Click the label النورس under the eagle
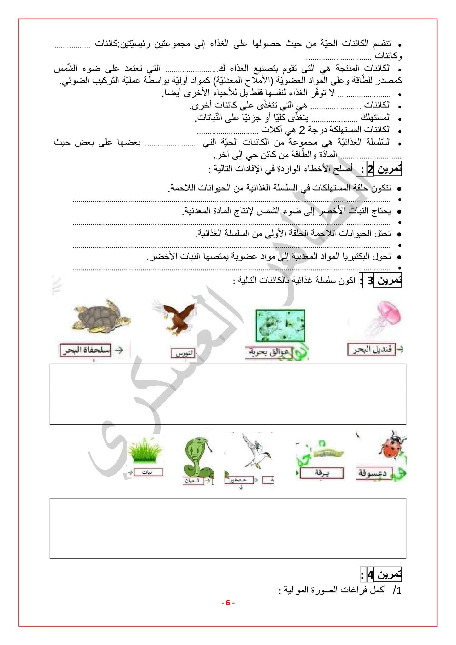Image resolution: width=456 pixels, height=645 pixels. tap(184, 353)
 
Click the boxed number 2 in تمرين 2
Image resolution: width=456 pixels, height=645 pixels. tap(370, 170)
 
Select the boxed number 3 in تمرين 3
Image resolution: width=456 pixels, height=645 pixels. tap(370, 281)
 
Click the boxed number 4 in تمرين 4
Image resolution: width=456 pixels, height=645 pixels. tap(371, 574)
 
